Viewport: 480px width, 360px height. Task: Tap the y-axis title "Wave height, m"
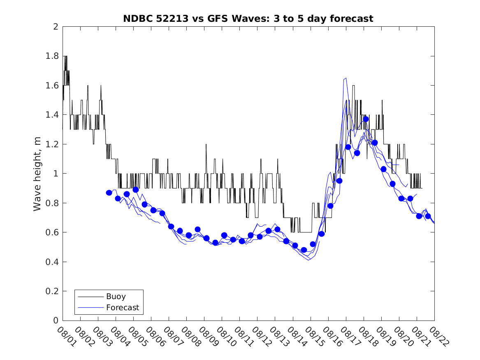coord(37,174)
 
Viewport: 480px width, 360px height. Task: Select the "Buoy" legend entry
coord(116,296)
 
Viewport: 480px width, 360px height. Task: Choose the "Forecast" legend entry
coord(122,307)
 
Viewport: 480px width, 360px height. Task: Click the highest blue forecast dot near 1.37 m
coord(366,119)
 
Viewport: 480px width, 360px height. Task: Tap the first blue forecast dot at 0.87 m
coord(109,193)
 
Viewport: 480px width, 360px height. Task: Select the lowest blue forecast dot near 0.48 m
coord(304,250)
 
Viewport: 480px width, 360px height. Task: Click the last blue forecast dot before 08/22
coord(428,216)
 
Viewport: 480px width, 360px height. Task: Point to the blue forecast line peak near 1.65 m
coord(346,78)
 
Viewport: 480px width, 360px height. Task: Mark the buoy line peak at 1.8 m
coord(65,56)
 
